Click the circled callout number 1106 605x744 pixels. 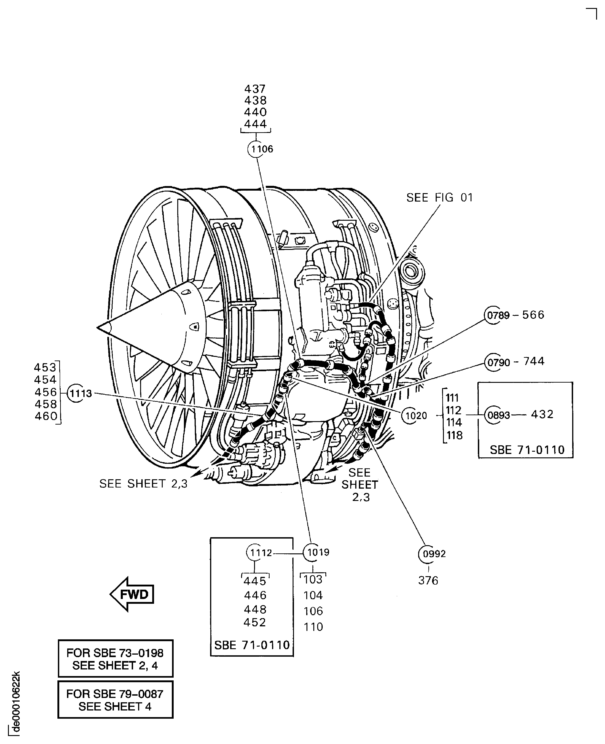pyautogui.click(x=257, y=149)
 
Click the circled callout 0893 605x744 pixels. pyautogui.click(x=494, y=415)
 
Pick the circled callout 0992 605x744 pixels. pyautogui.click(x=428, y=554)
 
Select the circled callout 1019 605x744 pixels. pyautogui.click(x=312, y=552)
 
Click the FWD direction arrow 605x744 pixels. pyautogui.click(x=132, y=594)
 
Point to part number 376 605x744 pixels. pyautogui.click(x=428, y=581)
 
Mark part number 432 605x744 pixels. pyautogui.click(x=542, y=414)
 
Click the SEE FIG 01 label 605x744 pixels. pyautogui.click(x=440, y=198)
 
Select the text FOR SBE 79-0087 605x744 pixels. pyautogui.click(x=115, y=694)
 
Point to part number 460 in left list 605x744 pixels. pyautogui.click(x=46, y=416)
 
